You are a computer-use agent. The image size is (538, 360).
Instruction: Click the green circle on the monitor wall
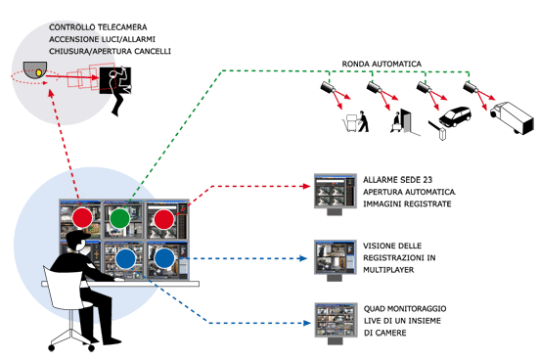pos(119,218)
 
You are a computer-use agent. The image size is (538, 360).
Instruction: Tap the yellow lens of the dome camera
pos(39,72)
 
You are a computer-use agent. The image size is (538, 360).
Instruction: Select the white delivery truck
pos(513,117)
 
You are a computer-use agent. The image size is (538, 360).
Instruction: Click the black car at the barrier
pos(455,116)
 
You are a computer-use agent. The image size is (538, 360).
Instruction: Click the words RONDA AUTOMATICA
pos(381,64)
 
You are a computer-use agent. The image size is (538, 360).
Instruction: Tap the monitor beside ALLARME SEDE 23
pos(336,194)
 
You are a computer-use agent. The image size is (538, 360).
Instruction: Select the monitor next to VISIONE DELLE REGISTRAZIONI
pos(336,260)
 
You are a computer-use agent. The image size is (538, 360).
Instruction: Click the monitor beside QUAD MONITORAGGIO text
pos(336,323)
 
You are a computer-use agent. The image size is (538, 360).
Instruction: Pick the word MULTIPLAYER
pos(388,270)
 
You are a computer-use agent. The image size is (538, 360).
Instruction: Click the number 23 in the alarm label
pos(427,180)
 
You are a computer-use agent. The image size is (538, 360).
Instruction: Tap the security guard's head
pos(77,241)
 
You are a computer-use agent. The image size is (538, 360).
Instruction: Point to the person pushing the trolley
pos(363,121)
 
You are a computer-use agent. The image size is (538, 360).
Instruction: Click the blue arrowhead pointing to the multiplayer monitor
pos(302,258)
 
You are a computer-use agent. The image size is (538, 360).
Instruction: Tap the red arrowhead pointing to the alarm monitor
pos(305,186)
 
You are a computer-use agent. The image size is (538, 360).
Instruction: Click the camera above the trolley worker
pos(329,87)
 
